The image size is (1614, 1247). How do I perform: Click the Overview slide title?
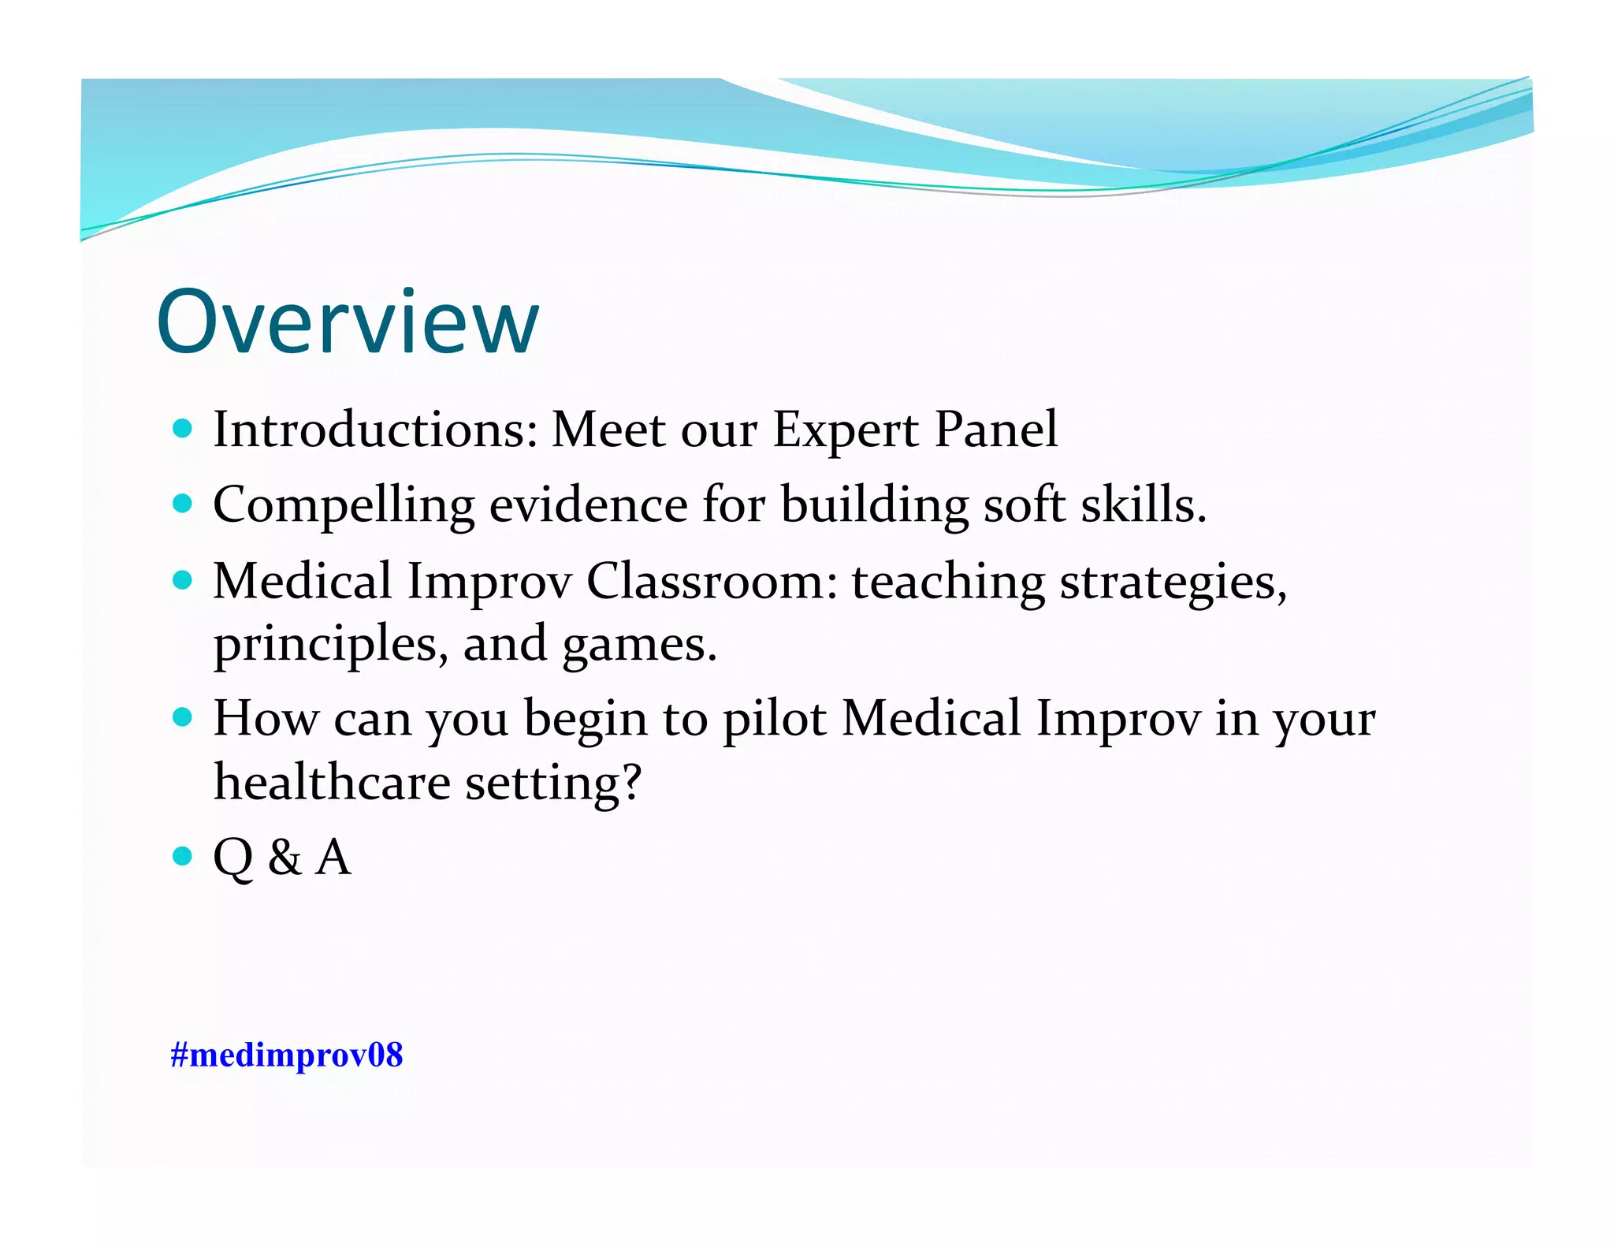tap(348, 322)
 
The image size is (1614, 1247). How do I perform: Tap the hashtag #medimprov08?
tap(286, 1055)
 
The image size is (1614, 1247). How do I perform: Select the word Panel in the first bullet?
tap(996, 430)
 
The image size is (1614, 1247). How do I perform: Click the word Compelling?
tap(344, 506)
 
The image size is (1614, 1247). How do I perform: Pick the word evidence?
tap(588, 504)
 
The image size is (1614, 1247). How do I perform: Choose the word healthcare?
tap(332, 782)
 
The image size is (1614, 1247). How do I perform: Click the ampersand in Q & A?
tap(284, 857)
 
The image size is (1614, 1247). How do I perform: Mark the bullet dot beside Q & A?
tap(183, 855)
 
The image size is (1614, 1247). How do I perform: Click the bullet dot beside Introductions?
tap(183, 429)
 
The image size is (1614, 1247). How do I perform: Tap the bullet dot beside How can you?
tap(183, 718)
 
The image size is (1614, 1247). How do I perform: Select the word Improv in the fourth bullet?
tap(1118, 720)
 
